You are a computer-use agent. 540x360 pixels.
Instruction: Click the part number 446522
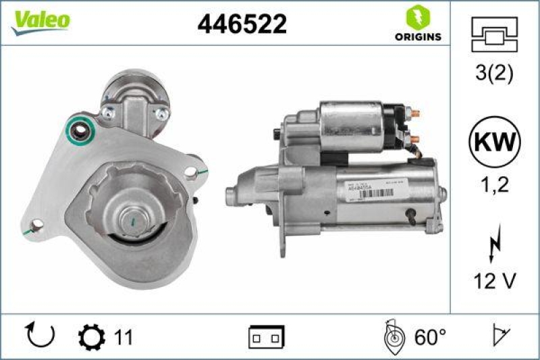click(x=242, y=24)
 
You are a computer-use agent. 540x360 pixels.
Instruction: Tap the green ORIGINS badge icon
click(x=416, y=16)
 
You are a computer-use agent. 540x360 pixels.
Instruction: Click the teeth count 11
click(x=123, y=336)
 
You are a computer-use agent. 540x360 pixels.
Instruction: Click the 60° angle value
click(x=431, y=336)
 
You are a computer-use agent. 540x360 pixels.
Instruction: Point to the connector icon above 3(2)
click(x=495, y=34)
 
